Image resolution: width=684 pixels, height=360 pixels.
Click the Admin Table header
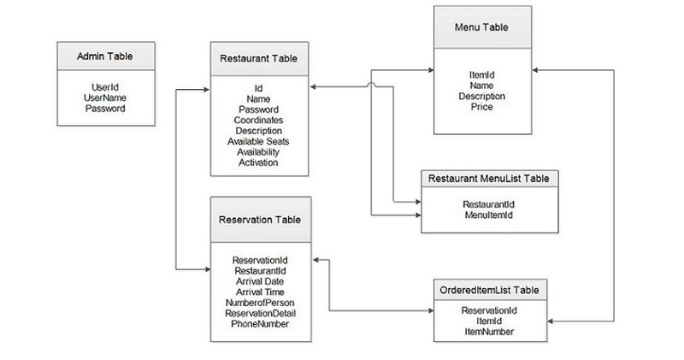click(x=104, y=57)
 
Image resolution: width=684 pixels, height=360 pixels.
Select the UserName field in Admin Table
click(x=104, y=97)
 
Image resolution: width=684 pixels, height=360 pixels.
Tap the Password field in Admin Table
click(x=104, y=109)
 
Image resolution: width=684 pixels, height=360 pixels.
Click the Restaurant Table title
click(x=258, y=59)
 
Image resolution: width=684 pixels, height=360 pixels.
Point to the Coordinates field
click(x=258, y=121)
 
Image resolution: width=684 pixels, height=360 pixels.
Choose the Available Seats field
click(x=258, y=141)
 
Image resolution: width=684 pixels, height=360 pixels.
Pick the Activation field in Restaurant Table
click(x=258, y=162)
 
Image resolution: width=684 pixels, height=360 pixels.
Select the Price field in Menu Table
click(x=482, y=107)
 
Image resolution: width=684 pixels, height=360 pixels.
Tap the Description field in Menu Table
click(x=482, y=97)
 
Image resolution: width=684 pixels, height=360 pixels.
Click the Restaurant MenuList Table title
click(x=488, y=179)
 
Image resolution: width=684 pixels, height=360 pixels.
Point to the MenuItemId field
click(x=488, y=215)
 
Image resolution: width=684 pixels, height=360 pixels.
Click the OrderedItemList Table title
click(x=488, y=289)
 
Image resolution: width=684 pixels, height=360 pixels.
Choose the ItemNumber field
click(x=488, y=331)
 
